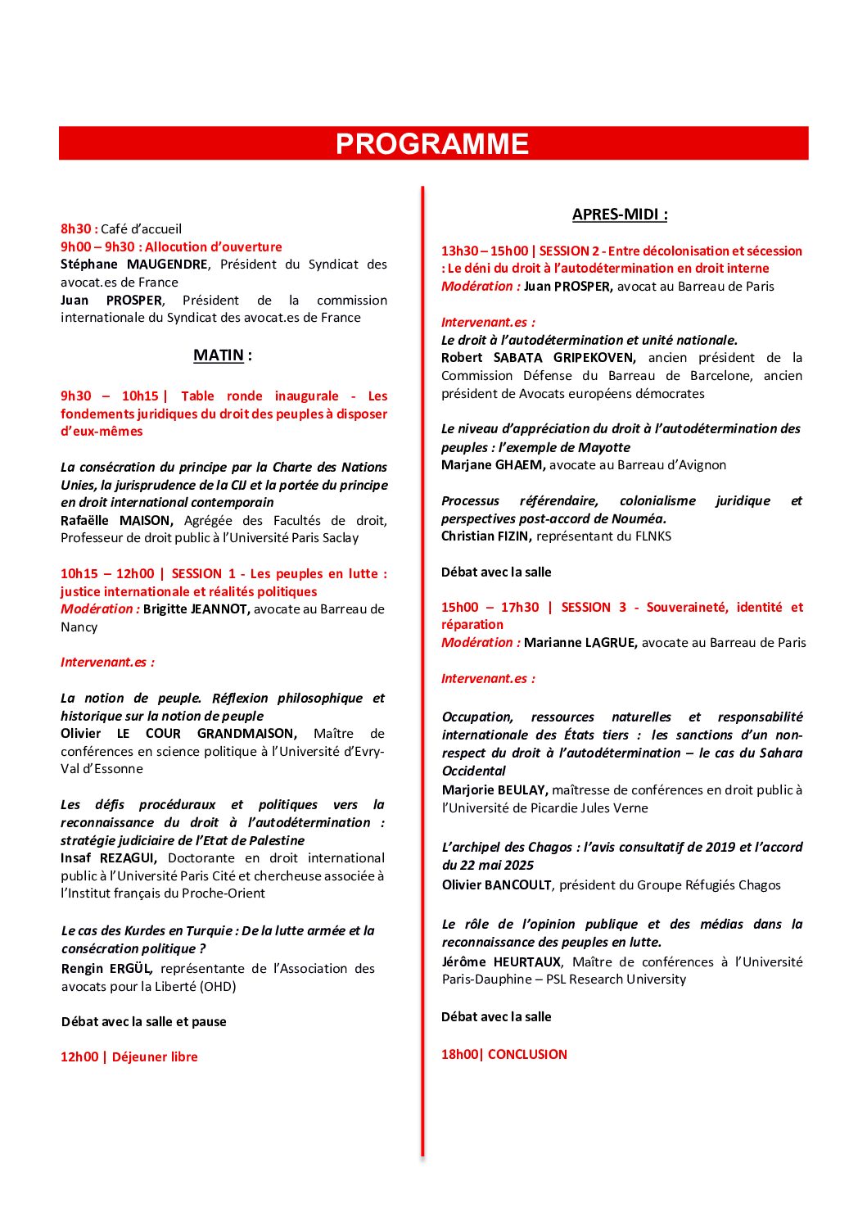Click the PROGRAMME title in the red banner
pyautogui.click(x=432, y=144)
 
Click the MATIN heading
pyautogui.click(x=219, y=355)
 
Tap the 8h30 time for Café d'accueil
pyautogui.click(x=76, y=229)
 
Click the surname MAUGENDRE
pyautogui.click(x=167, y=265)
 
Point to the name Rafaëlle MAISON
pyautogui.click(x=116, y=521)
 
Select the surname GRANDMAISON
pyautogui.click(x=246, y=734)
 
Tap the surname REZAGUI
pyautogui.click(x=128, y=858)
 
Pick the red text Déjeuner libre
pyautogui.click(x=155, y=1057)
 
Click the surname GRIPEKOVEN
pyautogui.click(x=594, y=358)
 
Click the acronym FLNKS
pyautogui.click(x=653, y=536)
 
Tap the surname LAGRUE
pyautogui.click(x=607, y=643)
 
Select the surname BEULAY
pyautogui.click(x=521, y=790)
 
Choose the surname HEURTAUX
pyautogui.click(x=526, y=962)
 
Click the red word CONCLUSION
pyautogui.click(x=527, y=1055)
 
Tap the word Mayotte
pyautogui.click(x=605, y=447)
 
